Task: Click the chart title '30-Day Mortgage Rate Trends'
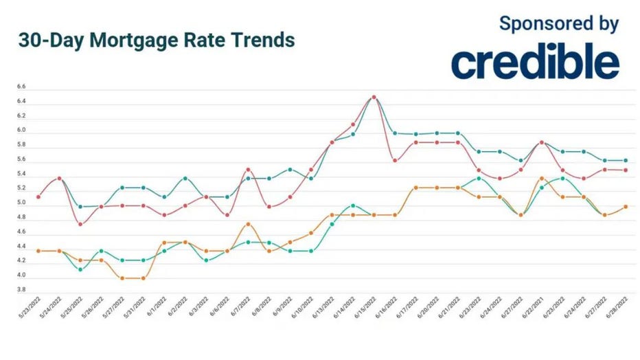(x=157, y=41)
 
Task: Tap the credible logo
(x=535, y=63)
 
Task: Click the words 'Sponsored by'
(x=558, y=23)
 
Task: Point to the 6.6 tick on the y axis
(x=21, y=87)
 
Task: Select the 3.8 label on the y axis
(x=21, y=290)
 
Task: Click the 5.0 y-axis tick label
(x=21, y=203)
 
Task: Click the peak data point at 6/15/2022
(x=374, y=97)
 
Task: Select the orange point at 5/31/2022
(x=143, y=278)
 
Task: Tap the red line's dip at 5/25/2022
(x=80, y=224)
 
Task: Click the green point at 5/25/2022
(x=80, y=269)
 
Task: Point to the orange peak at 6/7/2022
(x=248, y=224)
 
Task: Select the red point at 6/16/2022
(x=395, y=161)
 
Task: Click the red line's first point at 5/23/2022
(x=38, y=197)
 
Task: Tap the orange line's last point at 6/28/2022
(x=626, y=206)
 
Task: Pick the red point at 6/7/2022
(x=248, y=170)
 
